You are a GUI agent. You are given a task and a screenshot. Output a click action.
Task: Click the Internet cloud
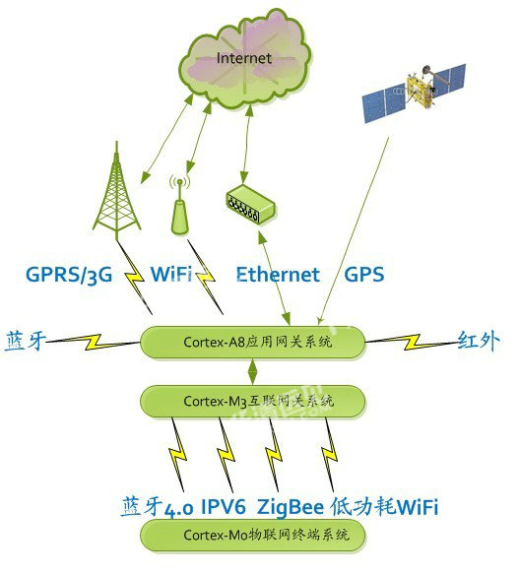[x=245, y=59]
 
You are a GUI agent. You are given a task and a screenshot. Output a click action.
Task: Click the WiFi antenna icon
[x=179, y=206]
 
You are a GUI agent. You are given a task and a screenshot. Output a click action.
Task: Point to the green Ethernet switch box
[x=250, y=205]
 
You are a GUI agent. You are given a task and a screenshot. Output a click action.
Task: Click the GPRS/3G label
[x=69, y=275]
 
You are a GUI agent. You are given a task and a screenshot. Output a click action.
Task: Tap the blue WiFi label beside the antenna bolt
[x=171, y=274]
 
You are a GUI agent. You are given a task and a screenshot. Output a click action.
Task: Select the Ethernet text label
[x=278, y=275]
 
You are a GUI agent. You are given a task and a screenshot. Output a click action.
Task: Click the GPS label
[x=364, y=275]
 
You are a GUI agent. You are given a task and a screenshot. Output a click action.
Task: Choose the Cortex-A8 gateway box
[x=253, y=342]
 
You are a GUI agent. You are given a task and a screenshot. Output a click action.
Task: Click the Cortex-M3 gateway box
[x=253, y=401]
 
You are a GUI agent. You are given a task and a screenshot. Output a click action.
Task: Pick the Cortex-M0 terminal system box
[x=253, y=535]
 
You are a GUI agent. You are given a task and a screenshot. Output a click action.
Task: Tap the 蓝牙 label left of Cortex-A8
[x=25, y=341]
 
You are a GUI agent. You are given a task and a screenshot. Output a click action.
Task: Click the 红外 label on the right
[x=479, y=341]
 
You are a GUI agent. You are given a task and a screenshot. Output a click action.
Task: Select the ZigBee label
[x=291, y=507]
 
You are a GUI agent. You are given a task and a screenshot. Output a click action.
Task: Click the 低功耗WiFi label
[x=384, y=507]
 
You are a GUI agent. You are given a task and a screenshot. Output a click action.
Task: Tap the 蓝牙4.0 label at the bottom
[x=157, y=507]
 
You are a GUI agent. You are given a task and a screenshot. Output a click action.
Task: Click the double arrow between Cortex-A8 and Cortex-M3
[x=253, y=372]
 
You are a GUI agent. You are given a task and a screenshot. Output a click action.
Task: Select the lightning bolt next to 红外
[x=413, y=342]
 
